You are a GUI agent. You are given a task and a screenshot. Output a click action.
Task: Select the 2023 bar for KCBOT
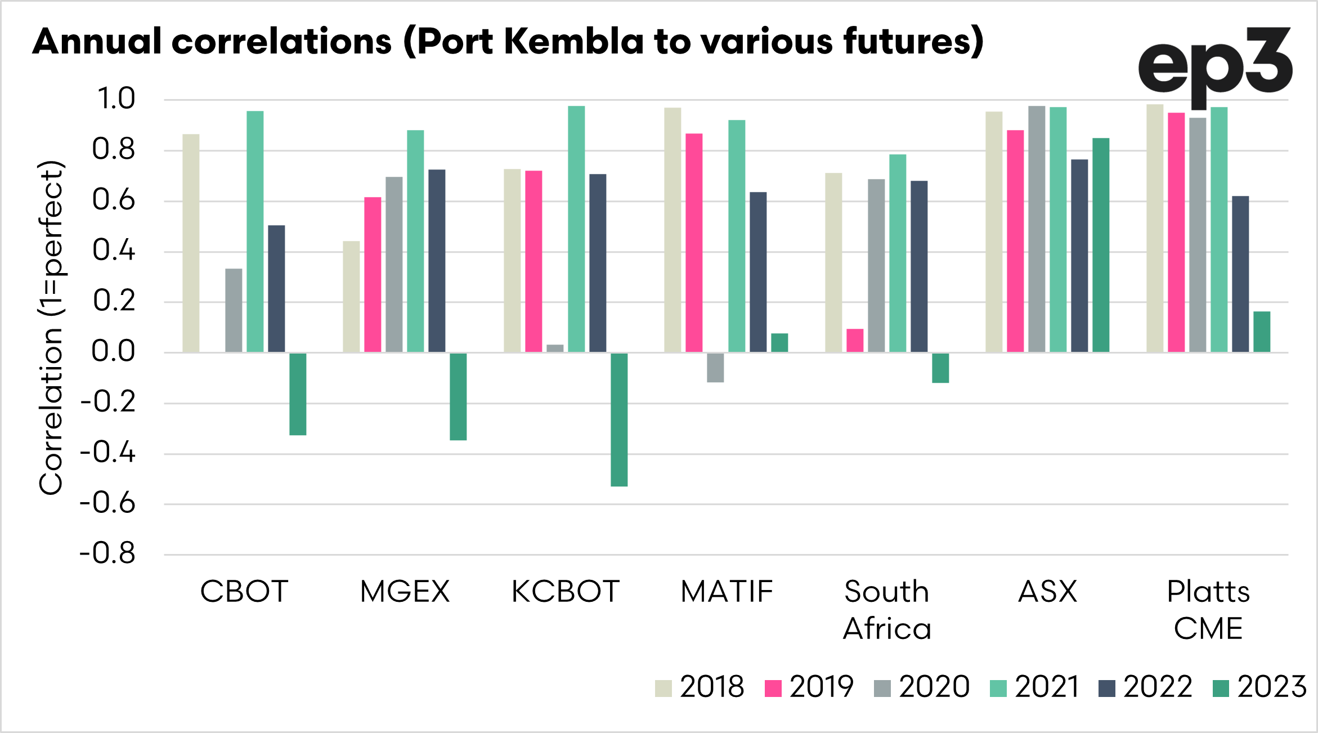tap(619, 419)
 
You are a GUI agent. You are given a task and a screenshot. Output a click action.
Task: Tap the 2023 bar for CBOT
tap(298, 394)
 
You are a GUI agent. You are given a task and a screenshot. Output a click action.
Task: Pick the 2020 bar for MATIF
tap(715, 368)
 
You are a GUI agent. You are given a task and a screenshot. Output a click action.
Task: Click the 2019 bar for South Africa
tap(855, 341)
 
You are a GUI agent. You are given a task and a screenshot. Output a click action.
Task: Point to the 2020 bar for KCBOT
tap(555, 348)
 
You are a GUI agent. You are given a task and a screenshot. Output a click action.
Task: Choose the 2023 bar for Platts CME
tap(1262, 332)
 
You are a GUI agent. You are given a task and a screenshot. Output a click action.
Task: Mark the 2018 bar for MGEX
tap(351, 297)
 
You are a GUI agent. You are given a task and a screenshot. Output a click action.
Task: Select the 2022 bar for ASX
tap(1079, 256)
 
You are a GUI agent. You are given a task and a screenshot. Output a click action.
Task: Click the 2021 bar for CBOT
tap(255, 231)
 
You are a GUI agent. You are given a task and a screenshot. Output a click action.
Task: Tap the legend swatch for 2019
tap(773, 688)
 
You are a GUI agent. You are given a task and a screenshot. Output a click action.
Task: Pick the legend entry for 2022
tap(1145, 687)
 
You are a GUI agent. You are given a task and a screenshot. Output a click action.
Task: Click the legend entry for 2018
tap(700, 687)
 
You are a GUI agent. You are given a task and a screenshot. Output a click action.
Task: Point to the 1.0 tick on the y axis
tap(116, 99)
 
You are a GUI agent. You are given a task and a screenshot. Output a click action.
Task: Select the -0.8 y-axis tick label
tap(108, 554)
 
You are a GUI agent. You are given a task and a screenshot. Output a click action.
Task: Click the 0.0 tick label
tap(114, 352)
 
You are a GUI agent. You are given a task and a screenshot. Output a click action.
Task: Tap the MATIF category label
tap(727, 592)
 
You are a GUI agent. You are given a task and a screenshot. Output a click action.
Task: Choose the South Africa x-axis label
tap(887, 610)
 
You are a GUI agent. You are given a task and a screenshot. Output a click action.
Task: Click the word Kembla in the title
tap(573, 42)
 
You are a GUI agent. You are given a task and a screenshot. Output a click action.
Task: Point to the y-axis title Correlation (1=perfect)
tap(51, 328)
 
